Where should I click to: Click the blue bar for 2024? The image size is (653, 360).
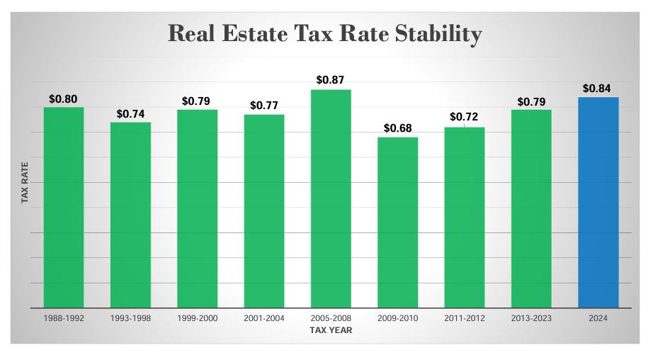click(x=598, y=202)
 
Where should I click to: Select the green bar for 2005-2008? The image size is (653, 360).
click(x=331, y=198)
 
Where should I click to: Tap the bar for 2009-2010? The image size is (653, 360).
click(x=397, y=223)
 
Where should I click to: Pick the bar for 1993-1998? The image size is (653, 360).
click(x=130, y=215)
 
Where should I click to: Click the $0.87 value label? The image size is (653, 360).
click(x=331, y=80)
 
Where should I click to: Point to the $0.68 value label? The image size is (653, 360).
click(x=397, y=128)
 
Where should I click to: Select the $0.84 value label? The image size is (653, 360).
click(x=598, y=88)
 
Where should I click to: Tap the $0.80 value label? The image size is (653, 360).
click(x=64, y=99)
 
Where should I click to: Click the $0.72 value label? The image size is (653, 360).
click(x=464, y=117)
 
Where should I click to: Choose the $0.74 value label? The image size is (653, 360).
click(x=130, y=113)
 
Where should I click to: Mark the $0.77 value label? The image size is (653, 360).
click(x=264, y=106)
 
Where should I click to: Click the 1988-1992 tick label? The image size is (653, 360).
click(x=64, y=318)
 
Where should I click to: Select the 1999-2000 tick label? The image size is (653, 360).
click(x=197, y=318)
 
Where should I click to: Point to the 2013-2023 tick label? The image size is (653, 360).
click(x=531, y=318)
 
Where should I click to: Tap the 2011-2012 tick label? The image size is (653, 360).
click(x=464, y=318)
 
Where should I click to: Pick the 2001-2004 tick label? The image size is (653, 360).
click(x=264, y=318)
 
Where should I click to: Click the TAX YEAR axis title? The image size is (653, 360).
click(x=331, y=330)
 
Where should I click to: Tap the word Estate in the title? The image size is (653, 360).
click(x=263, y=33)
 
